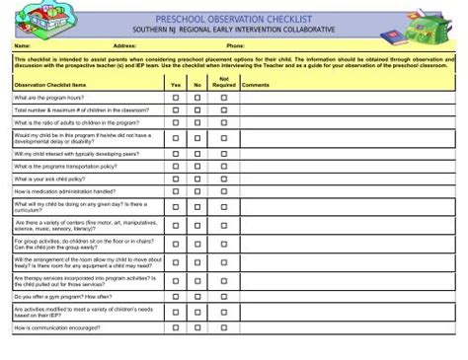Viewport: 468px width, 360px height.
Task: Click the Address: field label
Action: click(124, 46)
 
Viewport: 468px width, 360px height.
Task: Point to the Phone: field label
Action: click(235, 46)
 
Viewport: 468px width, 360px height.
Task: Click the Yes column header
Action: click(176, 86)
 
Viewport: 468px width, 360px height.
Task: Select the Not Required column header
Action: click(224, 82)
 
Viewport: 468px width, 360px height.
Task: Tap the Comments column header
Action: click(255, 86)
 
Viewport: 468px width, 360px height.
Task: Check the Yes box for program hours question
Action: click(176, 99)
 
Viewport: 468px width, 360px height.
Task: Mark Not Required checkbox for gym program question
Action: click(224, 295)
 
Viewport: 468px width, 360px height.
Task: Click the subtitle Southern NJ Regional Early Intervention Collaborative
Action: click(233, 31)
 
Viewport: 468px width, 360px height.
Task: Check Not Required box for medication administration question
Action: click(224, 190)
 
